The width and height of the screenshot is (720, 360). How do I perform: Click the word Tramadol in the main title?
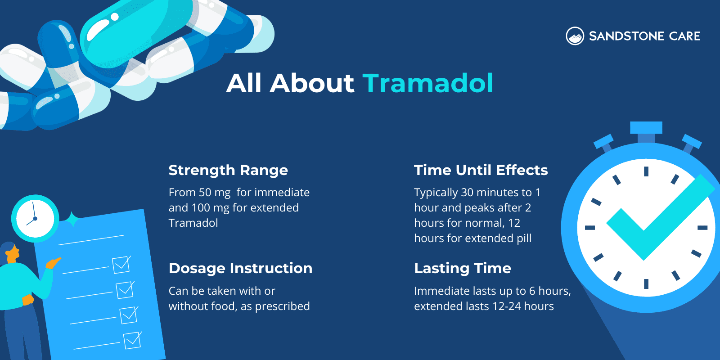point(427,83)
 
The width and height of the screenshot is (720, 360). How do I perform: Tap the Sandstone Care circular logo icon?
point(575,36)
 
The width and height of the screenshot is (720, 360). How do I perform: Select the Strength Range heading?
point(228,170)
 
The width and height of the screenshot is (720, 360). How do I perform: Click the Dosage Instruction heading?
point(240,268)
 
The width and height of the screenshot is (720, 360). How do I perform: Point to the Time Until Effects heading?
point(481,170)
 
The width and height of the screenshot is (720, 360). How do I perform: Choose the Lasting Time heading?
point(463,268)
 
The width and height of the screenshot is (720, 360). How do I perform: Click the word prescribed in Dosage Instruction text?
point(282,306)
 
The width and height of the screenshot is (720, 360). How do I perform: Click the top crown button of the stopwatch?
point(646,127)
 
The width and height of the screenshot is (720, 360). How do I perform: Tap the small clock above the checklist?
point(35,219)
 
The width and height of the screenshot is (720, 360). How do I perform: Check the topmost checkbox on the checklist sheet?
point(121,265)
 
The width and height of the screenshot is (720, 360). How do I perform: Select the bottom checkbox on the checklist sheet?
point(132,340)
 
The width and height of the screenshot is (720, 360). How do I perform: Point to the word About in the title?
point(312,83)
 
